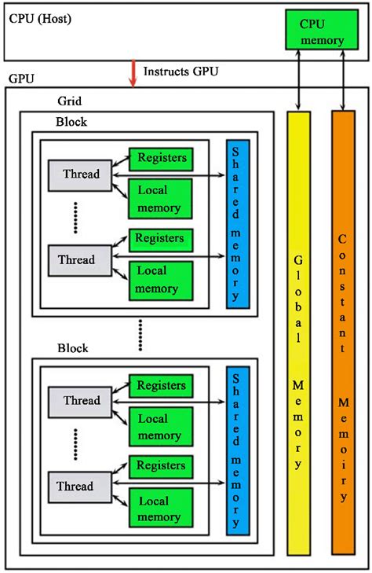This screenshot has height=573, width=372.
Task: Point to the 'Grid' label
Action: [70, 101]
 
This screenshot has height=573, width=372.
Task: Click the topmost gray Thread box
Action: [82, 174]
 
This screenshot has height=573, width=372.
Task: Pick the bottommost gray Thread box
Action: [82, 486]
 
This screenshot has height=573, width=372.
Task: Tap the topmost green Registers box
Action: [162, 159]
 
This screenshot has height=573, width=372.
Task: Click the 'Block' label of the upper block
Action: [71, 123]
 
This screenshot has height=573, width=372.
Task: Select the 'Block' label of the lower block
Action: [71, 348]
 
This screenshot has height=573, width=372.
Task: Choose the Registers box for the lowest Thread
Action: [162, 465]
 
